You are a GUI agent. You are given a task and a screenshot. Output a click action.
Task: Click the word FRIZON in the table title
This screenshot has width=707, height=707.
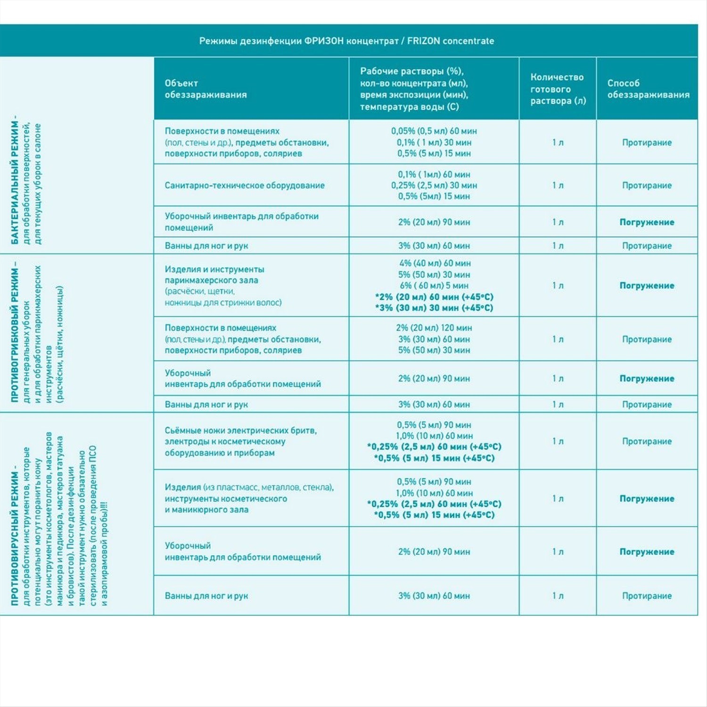tap(424, 41)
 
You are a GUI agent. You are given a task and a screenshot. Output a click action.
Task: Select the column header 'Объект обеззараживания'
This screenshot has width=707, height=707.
tap(206, 89)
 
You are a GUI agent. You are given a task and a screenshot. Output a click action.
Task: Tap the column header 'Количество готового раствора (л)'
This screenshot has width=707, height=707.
tap(558, 89)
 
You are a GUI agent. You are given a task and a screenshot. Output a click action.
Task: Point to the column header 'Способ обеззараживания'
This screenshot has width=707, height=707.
tap(648, 89)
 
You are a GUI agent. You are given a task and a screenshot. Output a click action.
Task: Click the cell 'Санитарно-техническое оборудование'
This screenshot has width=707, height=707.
tap(245, 185)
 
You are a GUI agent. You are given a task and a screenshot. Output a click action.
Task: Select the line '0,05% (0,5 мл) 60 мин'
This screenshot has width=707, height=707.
tap(434, 131)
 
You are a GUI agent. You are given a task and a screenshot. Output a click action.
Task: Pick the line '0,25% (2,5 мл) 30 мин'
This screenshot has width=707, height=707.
tap(434, 185)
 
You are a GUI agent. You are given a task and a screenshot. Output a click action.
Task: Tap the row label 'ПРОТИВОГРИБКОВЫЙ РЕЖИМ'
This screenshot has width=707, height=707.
tap(15, 332)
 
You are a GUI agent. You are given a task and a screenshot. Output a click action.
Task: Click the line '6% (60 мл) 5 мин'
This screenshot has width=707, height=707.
tap(434, 286)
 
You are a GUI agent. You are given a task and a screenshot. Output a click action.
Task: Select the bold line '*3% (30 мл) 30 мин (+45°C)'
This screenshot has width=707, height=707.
tap(434, 308)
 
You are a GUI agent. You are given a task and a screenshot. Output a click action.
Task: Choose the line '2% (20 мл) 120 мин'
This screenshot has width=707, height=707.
tap(434, 328)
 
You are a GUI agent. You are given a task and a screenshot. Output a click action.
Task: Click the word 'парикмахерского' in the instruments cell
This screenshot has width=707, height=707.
tap(211, 280)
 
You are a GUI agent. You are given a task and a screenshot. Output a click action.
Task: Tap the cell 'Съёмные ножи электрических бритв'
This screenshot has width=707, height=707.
tap(240, 430)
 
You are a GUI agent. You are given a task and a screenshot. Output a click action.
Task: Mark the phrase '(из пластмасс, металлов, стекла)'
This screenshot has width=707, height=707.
tap(268, 487)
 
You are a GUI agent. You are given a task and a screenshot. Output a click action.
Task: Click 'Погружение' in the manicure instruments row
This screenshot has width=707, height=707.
tap(647, 499)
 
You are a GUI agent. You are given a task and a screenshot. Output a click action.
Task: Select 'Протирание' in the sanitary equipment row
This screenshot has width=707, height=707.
tap(647, 185)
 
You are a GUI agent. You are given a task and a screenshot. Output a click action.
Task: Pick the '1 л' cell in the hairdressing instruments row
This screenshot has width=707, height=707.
tap(558, 286)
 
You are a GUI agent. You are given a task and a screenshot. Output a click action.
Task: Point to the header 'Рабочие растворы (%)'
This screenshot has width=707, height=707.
tap(411, 71)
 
